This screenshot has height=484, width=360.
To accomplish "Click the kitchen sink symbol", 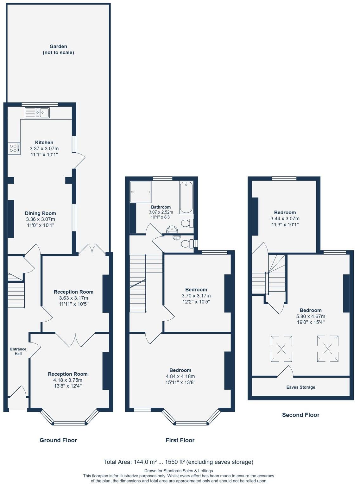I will click(x=37, y=112).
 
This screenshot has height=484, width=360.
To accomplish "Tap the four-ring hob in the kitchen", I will click(x=14, y=148).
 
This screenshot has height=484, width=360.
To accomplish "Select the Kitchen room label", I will click(x=44, y=142).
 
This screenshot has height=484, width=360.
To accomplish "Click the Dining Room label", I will click(x=41, y=213).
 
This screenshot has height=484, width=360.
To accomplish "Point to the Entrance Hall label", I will click(x=18, y=351).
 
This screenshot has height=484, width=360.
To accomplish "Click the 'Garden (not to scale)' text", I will click(x=58, y=49).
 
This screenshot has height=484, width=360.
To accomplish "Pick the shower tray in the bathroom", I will click(x=141, y=192).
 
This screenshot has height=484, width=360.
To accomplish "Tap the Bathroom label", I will click(x=161, y=207).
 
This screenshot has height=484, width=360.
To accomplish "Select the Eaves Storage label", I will click(x=300, y=387).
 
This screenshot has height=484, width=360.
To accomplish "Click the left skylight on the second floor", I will click(x=281, y=349).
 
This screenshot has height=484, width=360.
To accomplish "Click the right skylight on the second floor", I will click(x=328, y=349).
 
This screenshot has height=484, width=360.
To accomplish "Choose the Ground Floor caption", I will click(x=58, y=440).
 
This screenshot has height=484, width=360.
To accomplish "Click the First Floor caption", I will click(x=180, y=440).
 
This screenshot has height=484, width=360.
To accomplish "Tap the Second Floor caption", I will click(x=300, y=415).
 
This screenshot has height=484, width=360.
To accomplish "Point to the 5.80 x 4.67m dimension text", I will click(x=311, y=316).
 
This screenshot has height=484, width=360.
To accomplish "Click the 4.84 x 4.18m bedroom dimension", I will click(x=180, y=376).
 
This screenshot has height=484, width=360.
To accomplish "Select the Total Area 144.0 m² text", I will click(x=179, y=462).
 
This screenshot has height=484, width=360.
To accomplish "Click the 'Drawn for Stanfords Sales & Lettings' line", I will click(x=179, y=471).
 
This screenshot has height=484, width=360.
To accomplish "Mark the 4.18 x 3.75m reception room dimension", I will click(x=68, y=380).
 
